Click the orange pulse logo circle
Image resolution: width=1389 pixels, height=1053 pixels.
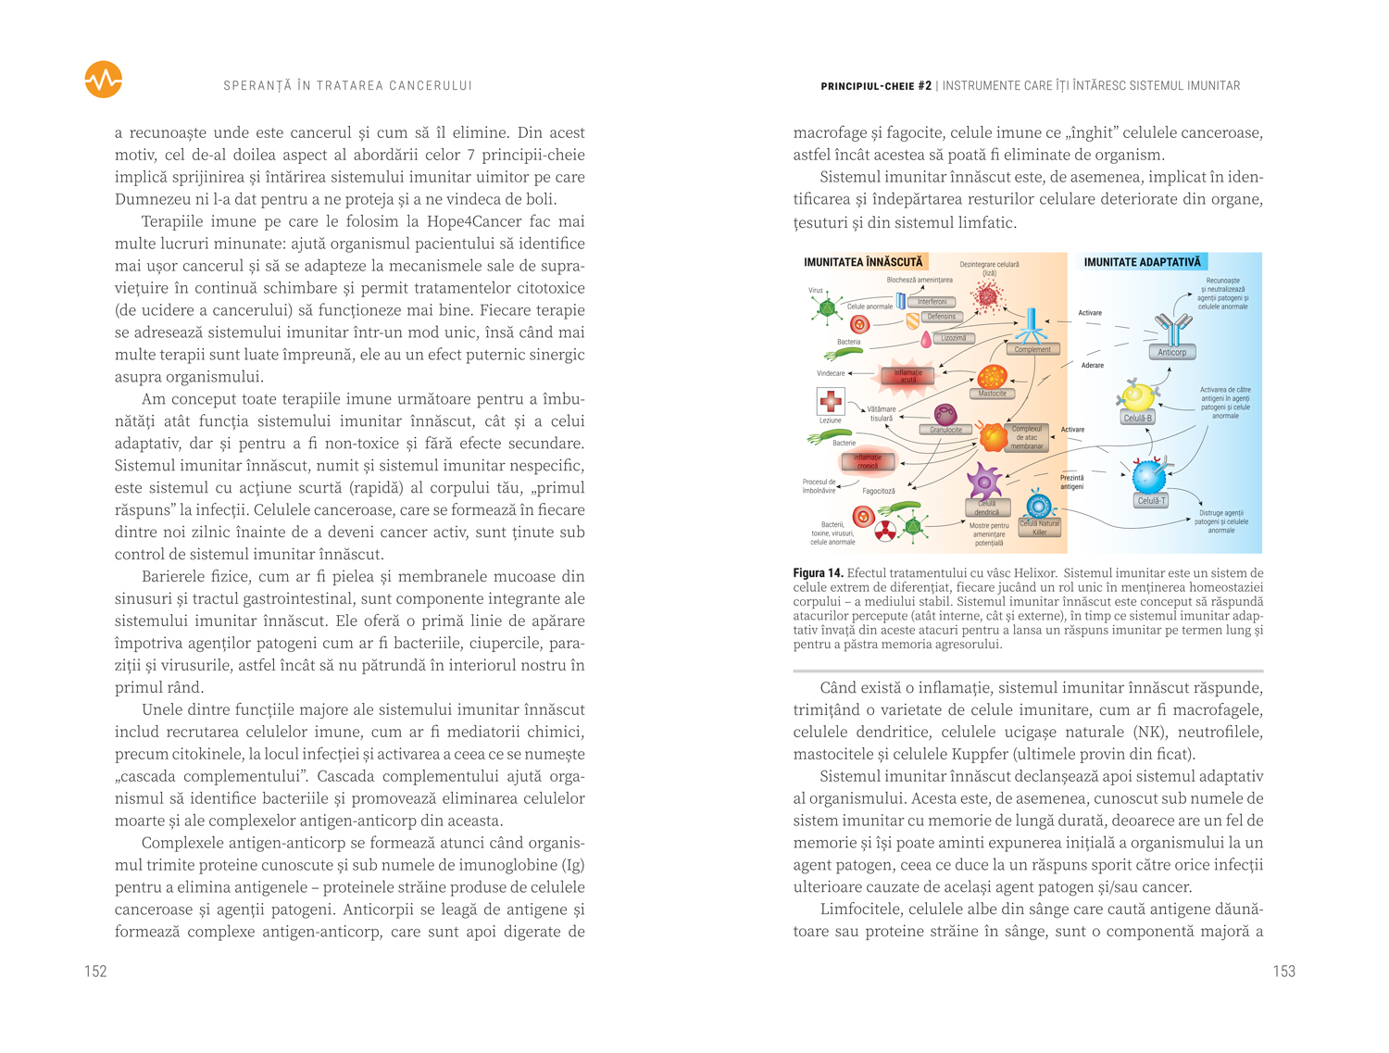103,80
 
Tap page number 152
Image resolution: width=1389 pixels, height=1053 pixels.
95,972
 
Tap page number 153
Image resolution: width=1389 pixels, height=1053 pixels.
1283,972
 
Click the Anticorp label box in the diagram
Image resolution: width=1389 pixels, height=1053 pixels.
1171,352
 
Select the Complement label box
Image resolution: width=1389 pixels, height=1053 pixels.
1032,349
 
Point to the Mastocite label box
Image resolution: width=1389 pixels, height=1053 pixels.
992,394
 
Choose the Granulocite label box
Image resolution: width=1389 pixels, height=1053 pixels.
945,430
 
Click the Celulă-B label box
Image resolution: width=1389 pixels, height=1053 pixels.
1137,418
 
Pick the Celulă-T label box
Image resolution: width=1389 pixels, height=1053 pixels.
1151,500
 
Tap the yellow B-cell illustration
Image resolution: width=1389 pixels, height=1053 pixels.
1137,397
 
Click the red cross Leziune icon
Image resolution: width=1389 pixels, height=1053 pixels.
831,401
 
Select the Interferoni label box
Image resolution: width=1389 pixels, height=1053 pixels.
932,302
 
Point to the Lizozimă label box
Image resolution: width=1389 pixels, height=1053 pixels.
953,338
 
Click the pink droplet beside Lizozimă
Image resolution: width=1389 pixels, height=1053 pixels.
925,340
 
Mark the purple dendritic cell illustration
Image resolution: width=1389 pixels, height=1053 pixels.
983,481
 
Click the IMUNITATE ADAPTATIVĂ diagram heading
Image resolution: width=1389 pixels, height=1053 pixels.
1142,262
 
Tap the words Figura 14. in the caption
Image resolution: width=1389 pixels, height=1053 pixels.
818,573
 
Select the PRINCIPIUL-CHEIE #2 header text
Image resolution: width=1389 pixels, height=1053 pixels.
876,86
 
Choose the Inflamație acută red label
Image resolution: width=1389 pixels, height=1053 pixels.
907,376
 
